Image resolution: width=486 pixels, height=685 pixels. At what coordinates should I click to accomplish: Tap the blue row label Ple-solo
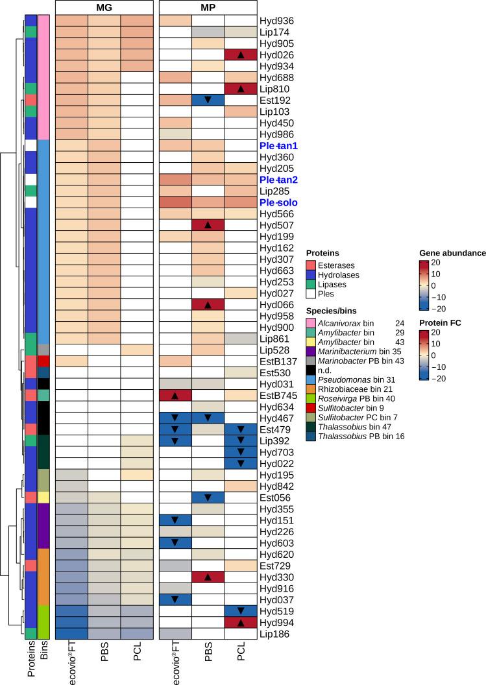point(280,202)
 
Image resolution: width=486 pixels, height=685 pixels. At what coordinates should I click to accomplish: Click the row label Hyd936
point(276,20)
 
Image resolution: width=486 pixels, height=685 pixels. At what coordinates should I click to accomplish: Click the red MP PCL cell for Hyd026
point(241,54)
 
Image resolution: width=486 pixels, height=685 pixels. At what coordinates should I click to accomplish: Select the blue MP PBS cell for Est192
point(208,100)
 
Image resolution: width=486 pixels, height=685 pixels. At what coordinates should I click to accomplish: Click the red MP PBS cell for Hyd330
point(208,577)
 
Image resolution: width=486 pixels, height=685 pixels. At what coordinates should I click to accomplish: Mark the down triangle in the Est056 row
point(208,498)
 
